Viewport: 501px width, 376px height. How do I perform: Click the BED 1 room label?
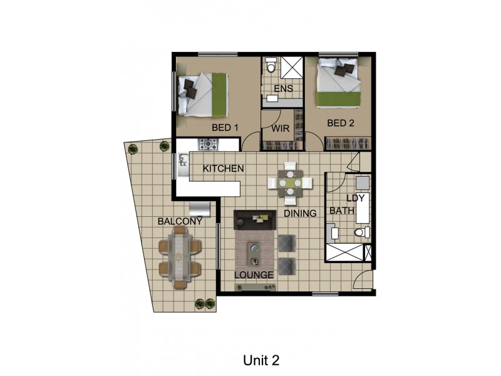[225, 127]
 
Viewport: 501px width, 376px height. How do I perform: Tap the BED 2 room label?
[341, 123]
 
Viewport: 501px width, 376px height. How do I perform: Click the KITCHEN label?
[223, 169]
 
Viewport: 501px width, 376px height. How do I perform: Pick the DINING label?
[300, 213]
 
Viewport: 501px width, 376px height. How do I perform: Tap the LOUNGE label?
[254, 275]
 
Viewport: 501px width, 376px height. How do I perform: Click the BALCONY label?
[180, 221]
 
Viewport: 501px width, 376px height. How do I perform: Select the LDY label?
[355, 198]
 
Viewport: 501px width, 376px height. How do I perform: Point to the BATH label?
[342, 211]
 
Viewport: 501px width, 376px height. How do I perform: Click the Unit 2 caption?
[260, 360]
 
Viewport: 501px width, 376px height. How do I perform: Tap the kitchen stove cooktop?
[207, 144]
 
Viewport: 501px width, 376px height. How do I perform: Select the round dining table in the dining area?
[290, 183]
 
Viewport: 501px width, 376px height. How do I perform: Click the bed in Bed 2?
[338, 81]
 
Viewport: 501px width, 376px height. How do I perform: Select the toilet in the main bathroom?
[359, 233]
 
